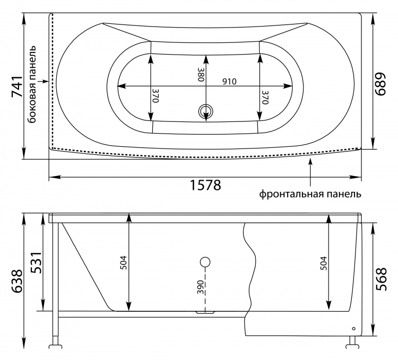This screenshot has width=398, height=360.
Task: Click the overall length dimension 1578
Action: [x=205, y=185]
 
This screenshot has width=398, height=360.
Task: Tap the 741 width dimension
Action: [x=18, y=86]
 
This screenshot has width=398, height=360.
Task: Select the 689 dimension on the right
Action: [x=380, y=84]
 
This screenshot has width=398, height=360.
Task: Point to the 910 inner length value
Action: [x=229, y=81]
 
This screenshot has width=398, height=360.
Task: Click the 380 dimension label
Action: [x=201, y=74]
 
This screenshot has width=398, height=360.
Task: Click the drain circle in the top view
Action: [x=205, y=111]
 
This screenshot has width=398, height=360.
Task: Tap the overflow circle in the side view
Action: [x=205, y=262]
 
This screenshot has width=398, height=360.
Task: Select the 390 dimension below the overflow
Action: [x=201, y=287]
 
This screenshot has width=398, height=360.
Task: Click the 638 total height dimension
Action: [x=18, y=281]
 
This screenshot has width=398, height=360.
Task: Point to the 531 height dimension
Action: [x=36, y=262]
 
